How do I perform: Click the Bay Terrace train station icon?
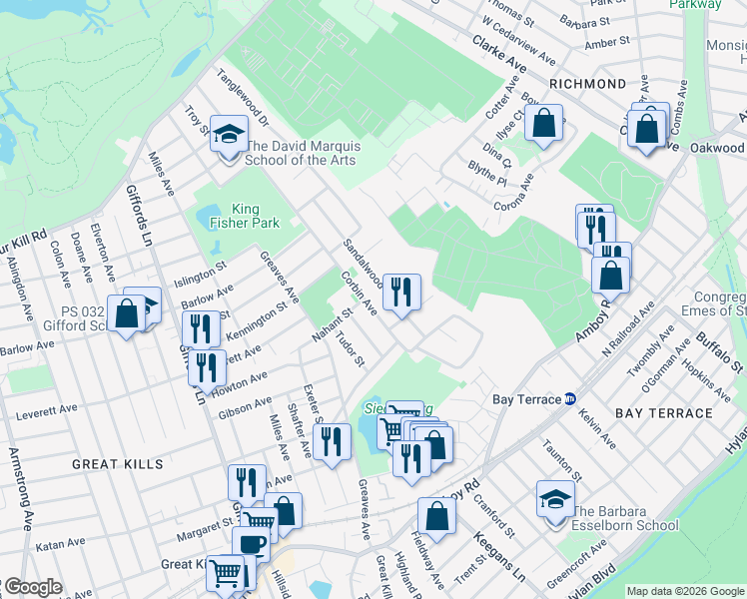569,399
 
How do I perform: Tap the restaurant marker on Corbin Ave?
401,293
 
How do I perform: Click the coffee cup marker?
251,545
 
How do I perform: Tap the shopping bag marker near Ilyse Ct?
544,125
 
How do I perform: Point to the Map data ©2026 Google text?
685,591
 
